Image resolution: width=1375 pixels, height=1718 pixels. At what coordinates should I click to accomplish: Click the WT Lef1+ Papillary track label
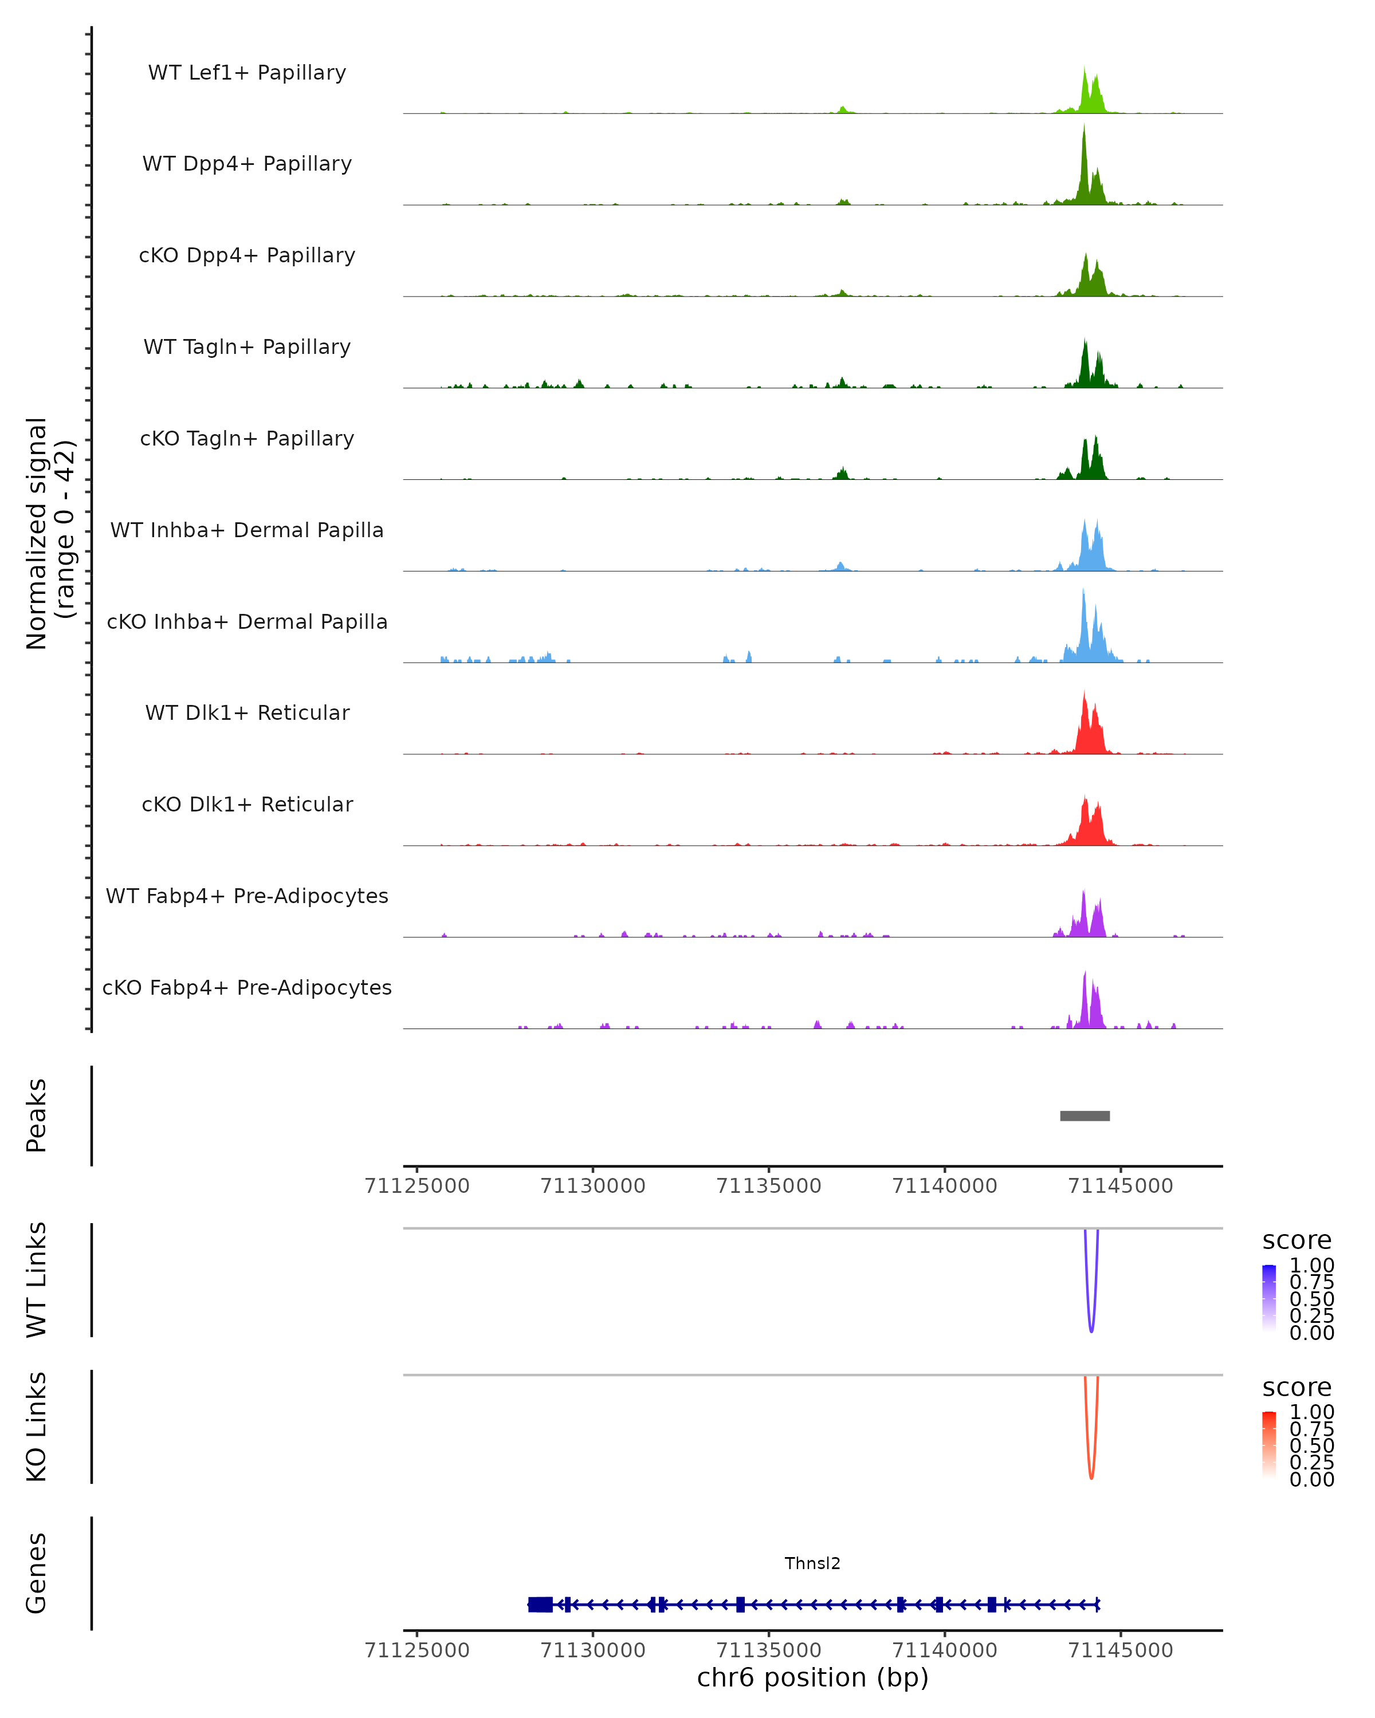point(247,73)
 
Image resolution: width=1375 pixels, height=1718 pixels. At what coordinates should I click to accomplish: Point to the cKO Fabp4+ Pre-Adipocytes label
point(247,987)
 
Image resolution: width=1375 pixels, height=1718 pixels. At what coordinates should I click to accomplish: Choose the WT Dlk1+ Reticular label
point(247,712)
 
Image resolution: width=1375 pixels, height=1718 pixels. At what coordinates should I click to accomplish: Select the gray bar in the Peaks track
point(1085,1116)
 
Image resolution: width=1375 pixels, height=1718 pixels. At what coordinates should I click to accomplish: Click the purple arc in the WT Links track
point(1091,1327)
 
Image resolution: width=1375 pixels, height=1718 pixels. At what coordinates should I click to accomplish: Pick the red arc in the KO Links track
point(1091,1474)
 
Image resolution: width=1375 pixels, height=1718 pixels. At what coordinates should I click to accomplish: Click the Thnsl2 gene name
point(812,1563)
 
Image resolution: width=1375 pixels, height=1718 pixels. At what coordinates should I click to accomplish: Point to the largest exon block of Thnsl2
point(540,1605)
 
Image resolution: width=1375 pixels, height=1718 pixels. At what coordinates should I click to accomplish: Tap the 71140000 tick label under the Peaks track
point(945,1186)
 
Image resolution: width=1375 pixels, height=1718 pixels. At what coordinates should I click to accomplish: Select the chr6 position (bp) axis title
point(812,1678)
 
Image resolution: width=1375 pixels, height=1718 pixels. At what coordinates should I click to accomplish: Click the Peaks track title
point(36,1116)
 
